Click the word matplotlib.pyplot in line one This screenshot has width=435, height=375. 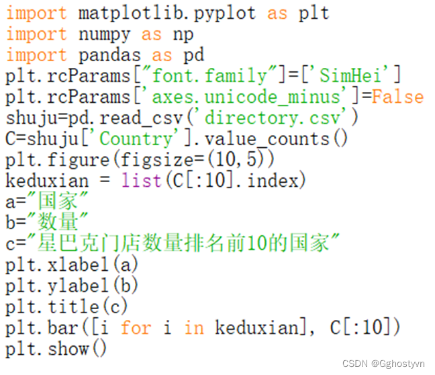point(166,13)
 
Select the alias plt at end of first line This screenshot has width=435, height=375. point(313,13)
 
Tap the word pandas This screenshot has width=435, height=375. point(109,54)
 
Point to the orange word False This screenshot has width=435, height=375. point(397,96)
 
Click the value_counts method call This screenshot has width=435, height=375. point(276,138)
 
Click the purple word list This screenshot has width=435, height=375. point(141,181)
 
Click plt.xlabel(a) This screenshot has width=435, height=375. point(72,264)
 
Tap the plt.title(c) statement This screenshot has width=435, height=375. point(66,306)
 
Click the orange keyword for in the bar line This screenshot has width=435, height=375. point(136,327)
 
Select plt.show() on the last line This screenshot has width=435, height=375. point(56,349)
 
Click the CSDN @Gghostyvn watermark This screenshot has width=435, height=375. point(383,364)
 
